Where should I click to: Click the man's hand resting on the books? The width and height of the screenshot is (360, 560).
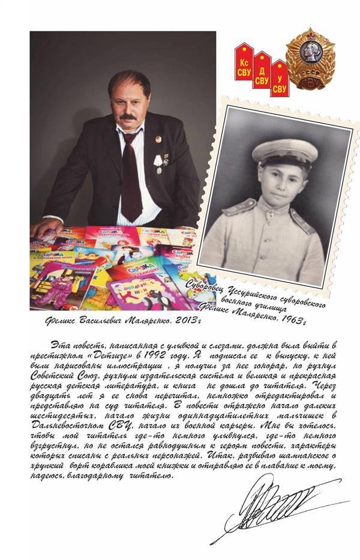click(x=46, y=227)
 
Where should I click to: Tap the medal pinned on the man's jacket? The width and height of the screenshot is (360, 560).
click(x=158, y=161)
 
